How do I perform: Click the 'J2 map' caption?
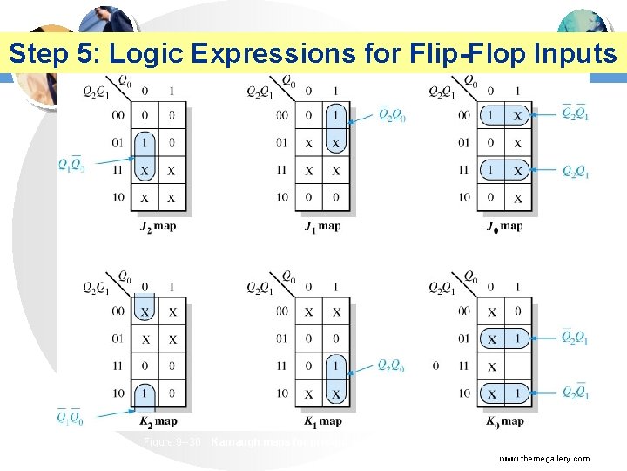(158, 227)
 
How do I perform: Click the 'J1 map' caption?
(322, 227)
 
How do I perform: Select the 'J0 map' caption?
(505, 227)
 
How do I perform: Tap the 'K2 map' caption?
(158, 422)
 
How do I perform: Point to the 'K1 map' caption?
(322, 422)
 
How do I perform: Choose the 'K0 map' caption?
(505, 422)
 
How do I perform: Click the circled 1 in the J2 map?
(145, 142)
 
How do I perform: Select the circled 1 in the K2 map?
(145, 393)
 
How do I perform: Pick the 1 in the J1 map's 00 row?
(336, 115)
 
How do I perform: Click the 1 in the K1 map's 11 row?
(336, 365)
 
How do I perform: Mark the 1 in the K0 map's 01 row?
(518, 338)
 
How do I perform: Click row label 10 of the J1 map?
(281, 197)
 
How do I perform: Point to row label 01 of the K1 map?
(281, 338)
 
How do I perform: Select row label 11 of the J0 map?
(463, 170)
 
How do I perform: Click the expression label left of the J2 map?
(71, 164)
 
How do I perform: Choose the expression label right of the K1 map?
(391, 365)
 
